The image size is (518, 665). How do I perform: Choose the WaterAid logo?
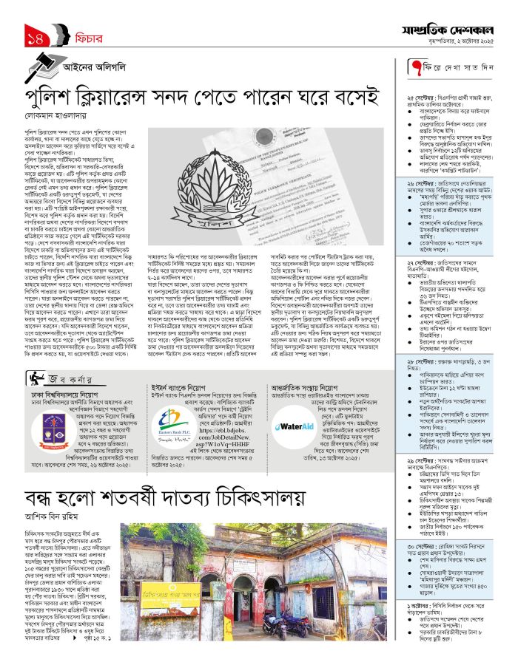(294, 426)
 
